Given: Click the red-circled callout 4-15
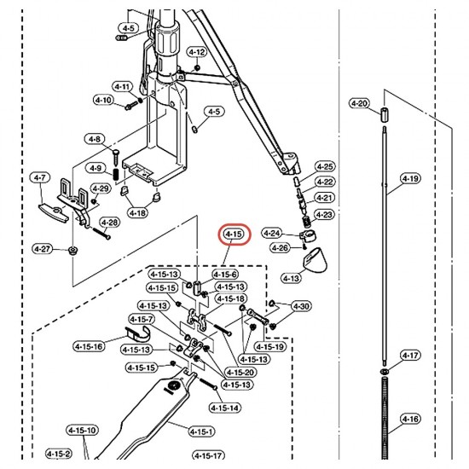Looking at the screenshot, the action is [234, 234].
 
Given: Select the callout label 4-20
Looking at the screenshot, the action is [359, 103].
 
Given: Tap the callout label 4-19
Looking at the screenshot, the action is [410, 178].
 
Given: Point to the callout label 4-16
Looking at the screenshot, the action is [410, 419].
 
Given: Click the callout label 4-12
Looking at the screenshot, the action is [198, 52].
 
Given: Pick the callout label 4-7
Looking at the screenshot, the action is [40, 177].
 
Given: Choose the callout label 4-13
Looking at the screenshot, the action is [292, 279].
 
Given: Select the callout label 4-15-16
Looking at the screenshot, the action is [89, 347].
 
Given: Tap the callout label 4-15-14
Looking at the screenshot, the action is [225, 408].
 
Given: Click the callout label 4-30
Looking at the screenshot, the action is [301, 306].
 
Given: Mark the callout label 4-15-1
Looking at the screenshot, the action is [201, 431].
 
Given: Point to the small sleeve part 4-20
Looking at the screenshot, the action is [385, 115].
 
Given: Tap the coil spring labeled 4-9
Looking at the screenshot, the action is [116, 174].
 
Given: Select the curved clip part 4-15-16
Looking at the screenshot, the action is [138, 334].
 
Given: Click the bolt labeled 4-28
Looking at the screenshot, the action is [101, 234].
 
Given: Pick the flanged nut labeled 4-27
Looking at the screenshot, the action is [72, 251].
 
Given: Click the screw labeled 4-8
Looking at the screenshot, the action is [116, 156].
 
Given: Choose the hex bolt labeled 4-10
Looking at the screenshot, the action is [131, 105].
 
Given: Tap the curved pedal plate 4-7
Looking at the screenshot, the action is [53, 213].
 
